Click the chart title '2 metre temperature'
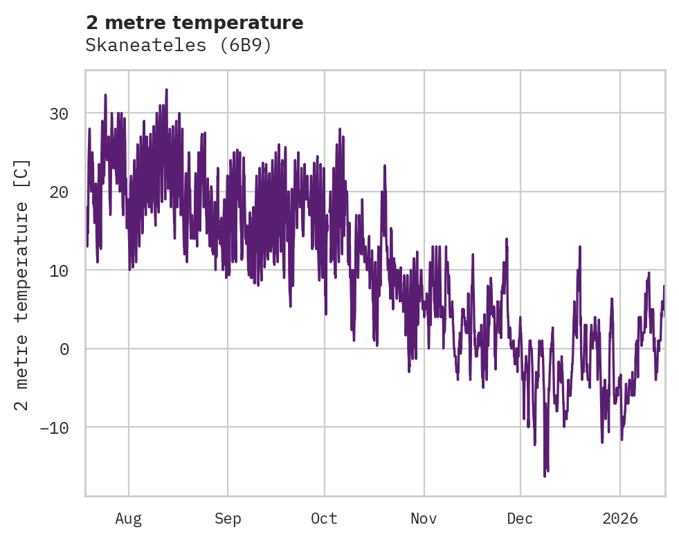[194, 23]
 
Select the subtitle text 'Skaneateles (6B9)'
[179, 46]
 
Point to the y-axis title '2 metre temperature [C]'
[22, 284]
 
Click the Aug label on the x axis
[129, 518]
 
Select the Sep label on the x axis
[227, 518]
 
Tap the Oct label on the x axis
[324, 518]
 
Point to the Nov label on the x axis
[424, 518]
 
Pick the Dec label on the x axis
[520, 518]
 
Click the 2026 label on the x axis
[620, 518]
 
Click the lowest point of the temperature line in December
[545, 476]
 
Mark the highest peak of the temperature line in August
[167, 89]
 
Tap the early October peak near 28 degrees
[340, 129]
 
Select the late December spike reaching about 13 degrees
[580, 246]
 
